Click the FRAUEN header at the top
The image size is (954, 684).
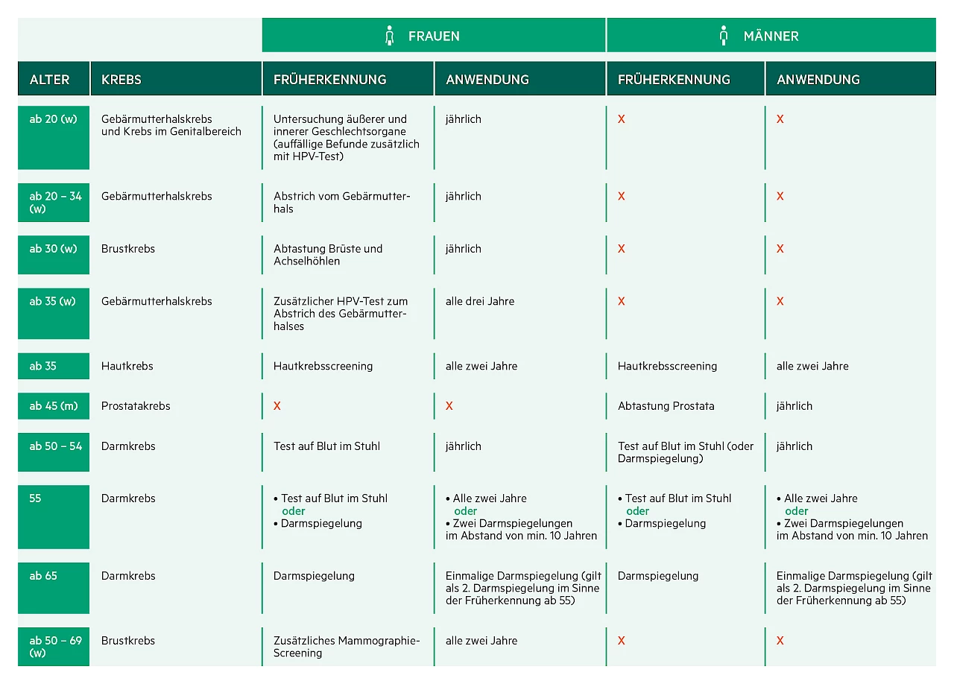coord(433,36)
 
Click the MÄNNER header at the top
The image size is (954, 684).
coord(771,36)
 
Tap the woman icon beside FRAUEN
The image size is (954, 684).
coord(388,36)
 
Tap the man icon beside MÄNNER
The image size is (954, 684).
coord(723,36)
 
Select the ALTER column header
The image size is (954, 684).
coord(49,80)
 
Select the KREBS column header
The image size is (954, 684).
coord(121,80)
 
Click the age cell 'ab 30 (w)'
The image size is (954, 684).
coord(53,249)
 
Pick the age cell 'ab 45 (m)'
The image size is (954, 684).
coord(53,406)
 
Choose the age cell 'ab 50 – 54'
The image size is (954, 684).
coord(55,446)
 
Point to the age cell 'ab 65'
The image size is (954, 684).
coord(43,576)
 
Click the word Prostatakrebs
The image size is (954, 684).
coord(136,406)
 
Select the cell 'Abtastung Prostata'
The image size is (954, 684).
coord(666,406)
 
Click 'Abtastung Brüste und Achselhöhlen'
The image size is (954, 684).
coord(328,255)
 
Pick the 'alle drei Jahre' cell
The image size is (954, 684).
coord(480,301)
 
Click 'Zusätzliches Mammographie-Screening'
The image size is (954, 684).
coord(347,647)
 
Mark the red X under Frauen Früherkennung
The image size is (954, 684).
coord(277,406)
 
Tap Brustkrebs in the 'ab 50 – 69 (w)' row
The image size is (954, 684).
coord(128,641)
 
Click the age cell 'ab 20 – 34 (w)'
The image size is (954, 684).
coord(54,202)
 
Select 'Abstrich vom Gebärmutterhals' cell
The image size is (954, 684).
coord(341,202)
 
